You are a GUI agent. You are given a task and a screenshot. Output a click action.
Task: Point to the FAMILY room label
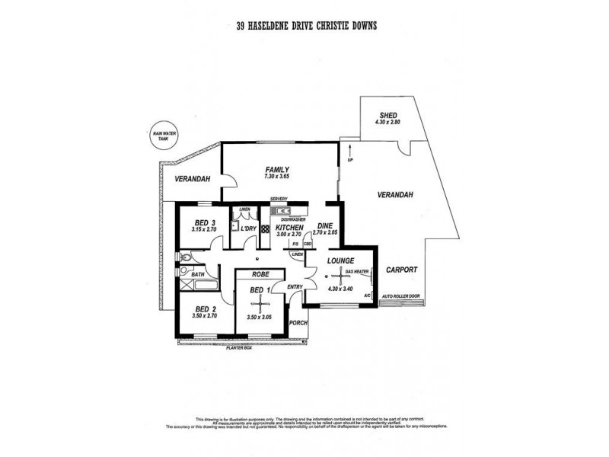[x=276, y=169]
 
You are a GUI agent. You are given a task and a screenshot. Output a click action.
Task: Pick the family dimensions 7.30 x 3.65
[x=276, y=177]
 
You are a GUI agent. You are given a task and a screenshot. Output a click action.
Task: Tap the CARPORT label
[x=400, y=269]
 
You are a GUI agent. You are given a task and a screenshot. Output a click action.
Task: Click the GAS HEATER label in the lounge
[x=357, y=272]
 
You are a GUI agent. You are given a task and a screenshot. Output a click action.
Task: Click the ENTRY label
[x=295, y=286]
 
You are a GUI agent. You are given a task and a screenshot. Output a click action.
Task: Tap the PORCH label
[x=298, y=323]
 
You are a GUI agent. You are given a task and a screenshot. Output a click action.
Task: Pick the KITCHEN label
[x=290, y=228]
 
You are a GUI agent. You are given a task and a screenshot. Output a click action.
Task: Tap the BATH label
[x=198, y=274]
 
